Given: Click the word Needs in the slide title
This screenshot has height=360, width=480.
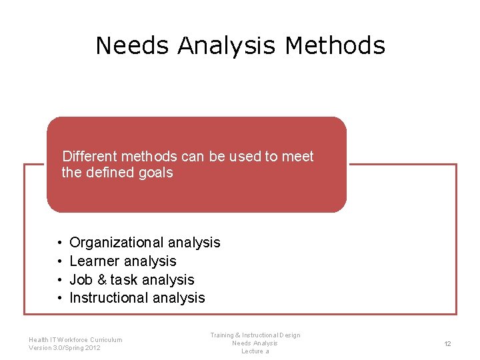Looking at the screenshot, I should pos(133,45).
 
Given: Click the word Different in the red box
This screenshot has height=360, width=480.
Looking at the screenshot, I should pos(89,157).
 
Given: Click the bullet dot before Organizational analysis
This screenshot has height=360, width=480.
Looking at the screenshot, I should pos(59,243).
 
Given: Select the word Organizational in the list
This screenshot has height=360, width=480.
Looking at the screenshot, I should pos(117,243).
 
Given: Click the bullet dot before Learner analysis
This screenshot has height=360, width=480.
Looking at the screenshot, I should pos(59,261).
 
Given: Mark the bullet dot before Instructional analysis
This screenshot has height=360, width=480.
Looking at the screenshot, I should pos(59,298).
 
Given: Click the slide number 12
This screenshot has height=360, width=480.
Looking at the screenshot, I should pos(447,344).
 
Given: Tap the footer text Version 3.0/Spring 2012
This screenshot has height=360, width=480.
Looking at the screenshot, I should pos(65,348).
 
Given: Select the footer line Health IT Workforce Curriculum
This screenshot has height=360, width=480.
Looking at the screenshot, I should pos(75,340).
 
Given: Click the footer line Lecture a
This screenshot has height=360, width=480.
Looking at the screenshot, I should pos(255,351).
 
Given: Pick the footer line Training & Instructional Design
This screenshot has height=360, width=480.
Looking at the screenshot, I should pos(255,335).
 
